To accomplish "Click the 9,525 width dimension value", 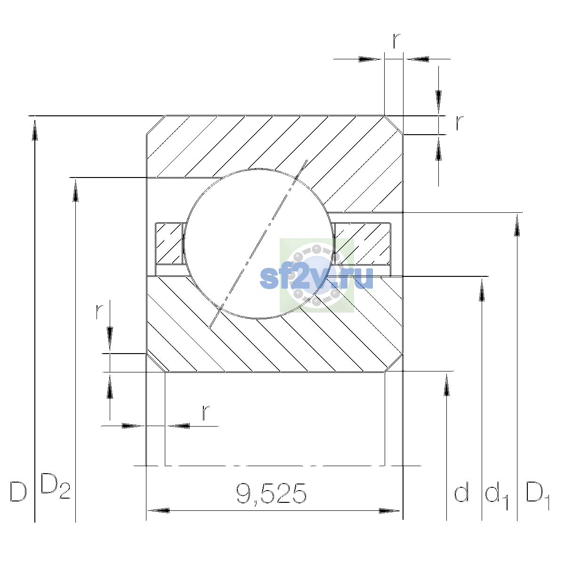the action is click(271, 493).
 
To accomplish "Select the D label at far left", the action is click(18, 492).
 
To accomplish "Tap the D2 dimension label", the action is click(55, 486).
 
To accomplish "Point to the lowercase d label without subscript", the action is click(461, 491).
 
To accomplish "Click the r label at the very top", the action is click(396, 41).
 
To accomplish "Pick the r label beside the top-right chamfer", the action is click(460, 123).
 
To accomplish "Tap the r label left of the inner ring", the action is click(99, 311).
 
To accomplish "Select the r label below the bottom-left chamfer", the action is click(206, 413).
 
